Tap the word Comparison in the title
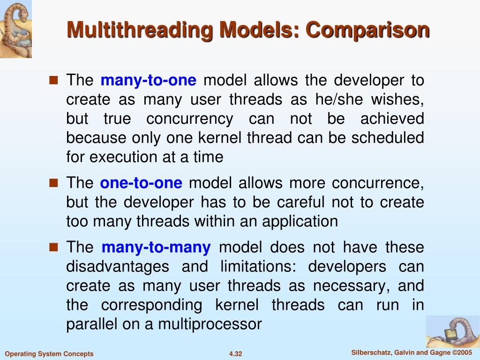367,30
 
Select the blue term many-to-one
148,81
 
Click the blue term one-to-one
141,183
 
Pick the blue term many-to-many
156,247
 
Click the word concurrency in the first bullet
189,119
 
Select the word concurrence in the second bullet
378,183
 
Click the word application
300,221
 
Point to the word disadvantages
118,267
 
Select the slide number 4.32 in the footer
235,354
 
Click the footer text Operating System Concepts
49,354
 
